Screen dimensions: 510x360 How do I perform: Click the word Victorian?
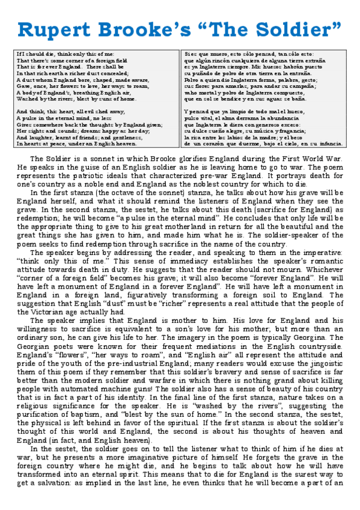coord(58,312)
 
